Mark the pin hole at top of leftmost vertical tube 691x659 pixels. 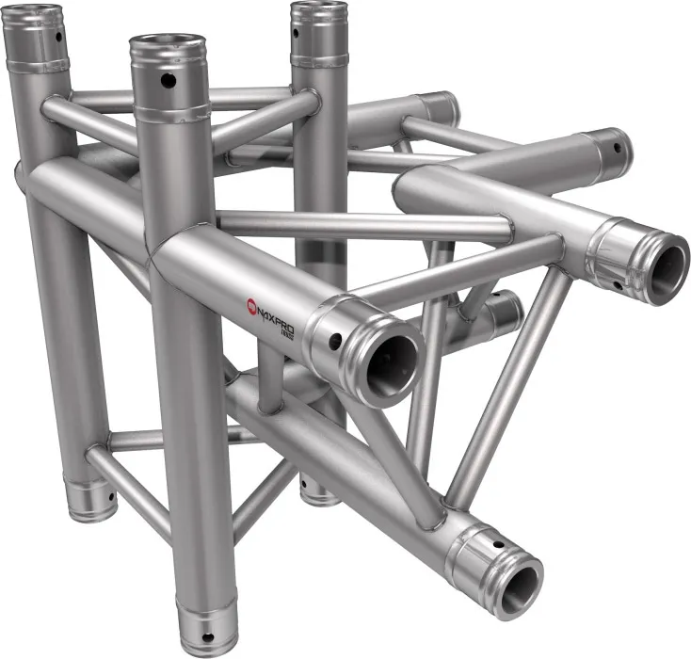(59, 38)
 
